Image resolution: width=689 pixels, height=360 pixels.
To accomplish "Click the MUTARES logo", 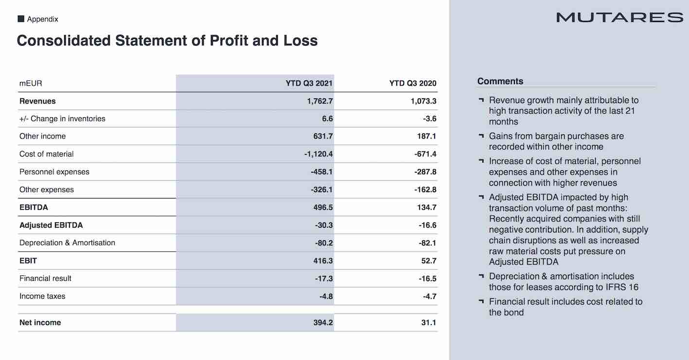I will [619, 18].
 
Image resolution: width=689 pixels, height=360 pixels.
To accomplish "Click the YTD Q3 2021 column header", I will [309, 83].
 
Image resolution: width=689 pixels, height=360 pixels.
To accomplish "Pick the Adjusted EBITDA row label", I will [51, 225].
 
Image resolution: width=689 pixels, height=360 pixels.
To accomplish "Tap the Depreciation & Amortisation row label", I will [67, 243].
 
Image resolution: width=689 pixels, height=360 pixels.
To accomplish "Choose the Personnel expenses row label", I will [54, 172].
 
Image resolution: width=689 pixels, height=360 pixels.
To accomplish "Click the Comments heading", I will [500, 81].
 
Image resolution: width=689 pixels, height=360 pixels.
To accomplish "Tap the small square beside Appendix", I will [21, 19].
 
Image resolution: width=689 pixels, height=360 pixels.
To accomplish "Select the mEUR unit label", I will [31, 83].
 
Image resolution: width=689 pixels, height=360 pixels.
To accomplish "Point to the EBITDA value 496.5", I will [323, 207].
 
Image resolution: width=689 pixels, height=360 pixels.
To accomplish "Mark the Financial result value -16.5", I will [427, 278].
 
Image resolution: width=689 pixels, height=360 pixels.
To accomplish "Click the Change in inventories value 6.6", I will [327, 119].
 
